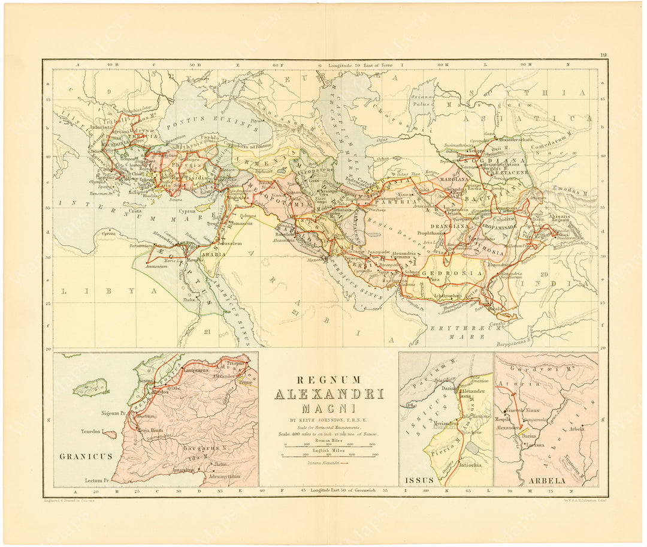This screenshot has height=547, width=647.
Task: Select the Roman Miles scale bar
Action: point(329,444)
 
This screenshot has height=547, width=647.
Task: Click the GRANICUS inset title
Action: point(86,456)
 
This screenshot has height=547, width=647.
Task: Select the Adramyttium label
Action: point(222,476)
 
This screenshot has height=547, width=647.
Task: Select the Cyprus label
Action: point(188,212)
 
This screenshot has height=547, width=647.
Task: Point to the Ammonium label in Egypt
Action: point(154,266)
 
